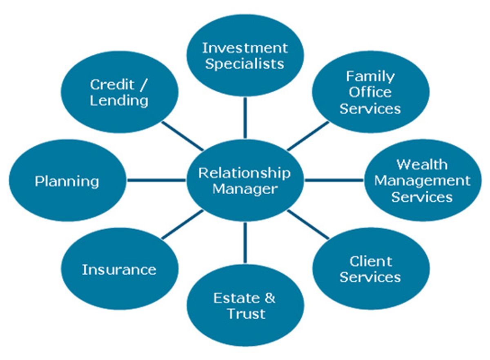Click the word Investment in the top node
[x=245, y=48]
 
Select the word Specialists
[x=245, y=64]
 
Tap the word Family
[x=370, y=77]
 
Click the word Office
[x=370, y=92]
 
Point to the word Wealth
[x=422, y=164]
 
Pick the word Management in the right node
[x=422, y=181]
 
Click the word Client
[x=371, y=262]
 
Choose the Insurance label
[x=119, y=269]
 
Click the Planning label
[x=67, y=182]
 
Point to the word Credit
[x=112, y=84]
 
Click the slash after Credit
[x=143, y=85]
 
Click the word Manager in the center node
[x=245, y=189]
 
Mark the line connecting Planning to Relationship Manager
[x=156, y=180]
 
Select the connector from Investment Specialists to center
[x=245, y=118]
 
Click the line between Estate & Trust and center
[x=245, y=243]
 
